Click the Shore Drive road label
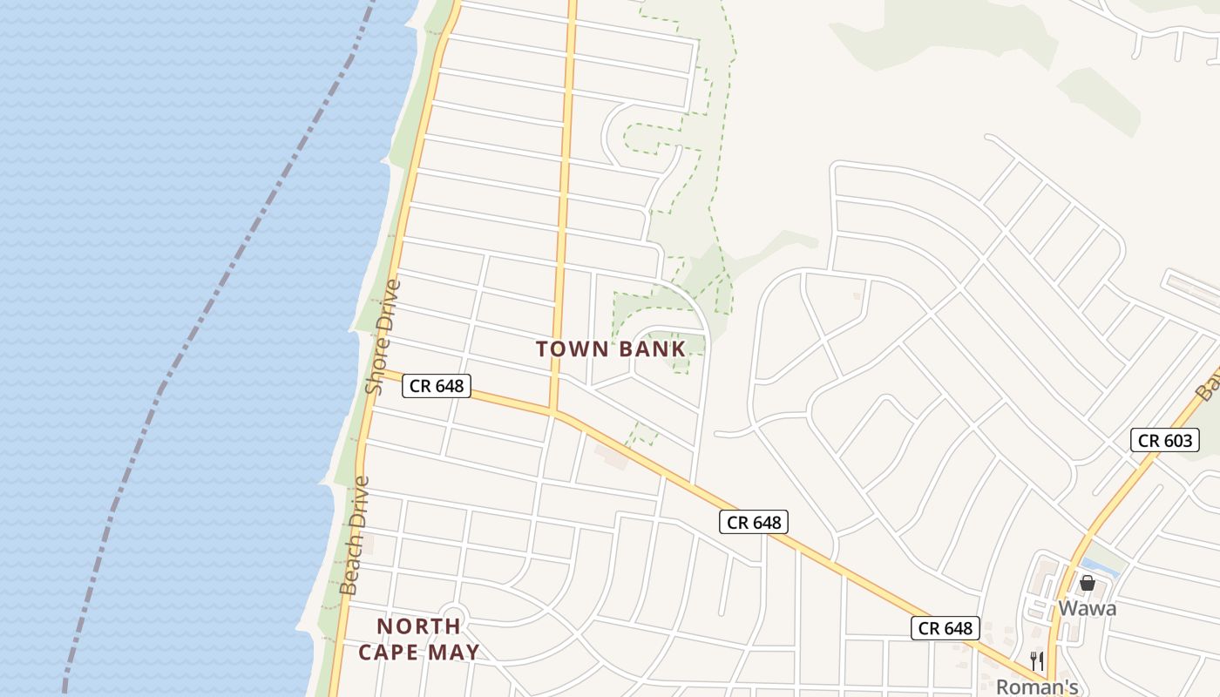pos(384,336)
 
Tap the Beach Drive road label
pos(356,535)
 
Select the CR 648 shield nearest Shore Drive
pos(436,385)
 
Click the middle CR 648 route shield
pos(754,522)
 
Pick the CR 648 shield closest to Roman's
pos(945,627)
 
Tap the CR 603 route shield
pos(1165,440)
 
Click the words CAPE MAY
pos(419,652)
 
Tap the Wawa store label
pos(1087,608)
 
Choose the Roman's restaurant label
pos(1037,686)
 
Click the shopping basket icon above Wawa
pos(1088,583)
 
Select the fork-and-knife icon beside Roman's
pos(1036,661)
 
